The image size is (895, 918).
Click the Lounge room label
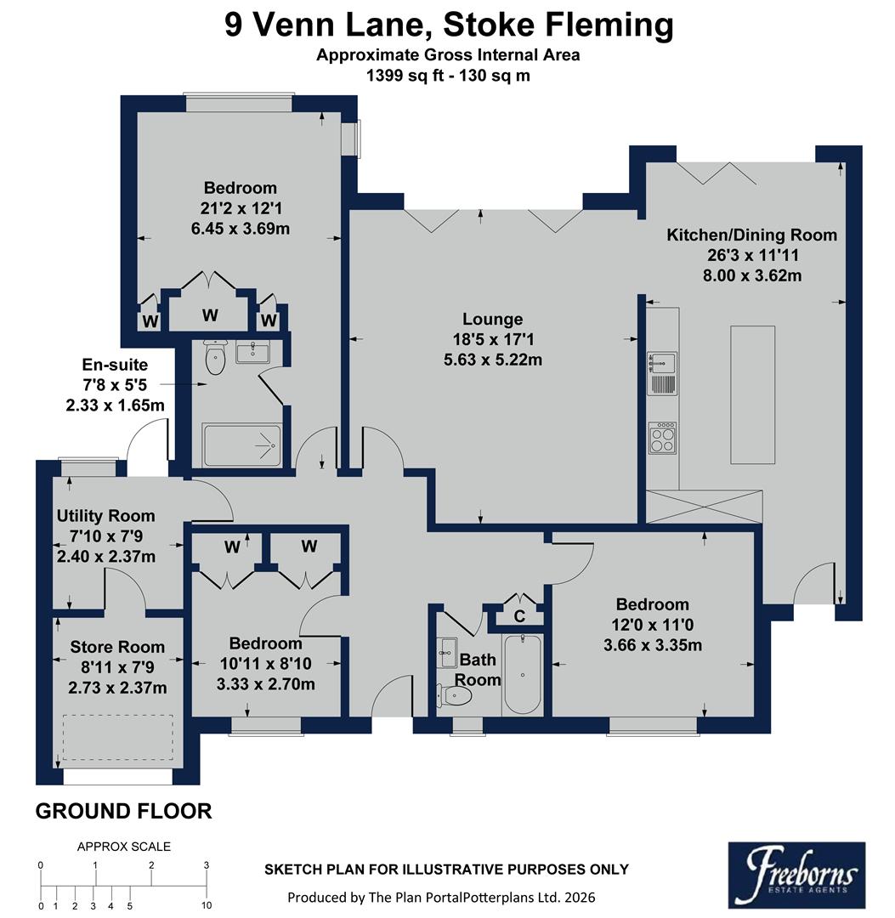[x=492, y=320]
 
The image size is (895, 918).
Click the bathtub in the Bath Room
[x=521, y=673]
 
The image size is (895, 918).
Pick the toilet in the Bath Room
[x=455, y=695]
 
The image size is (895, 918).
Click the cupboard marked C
[x=518, y=614]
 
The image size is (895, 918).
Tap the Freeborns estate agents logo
[x=796, y=875]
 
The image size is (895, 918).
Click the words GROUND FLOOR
[x=123, y=811]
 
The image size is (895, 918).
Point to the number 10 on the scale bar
[x=207, y=906]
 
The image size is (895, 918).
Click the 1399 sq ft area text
[x=399, y=75]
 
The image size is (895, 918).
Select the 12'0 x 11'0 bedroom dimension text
[x=652, y=625]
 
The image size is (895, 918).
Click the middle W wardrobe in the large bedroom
[x=210, y=315]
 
